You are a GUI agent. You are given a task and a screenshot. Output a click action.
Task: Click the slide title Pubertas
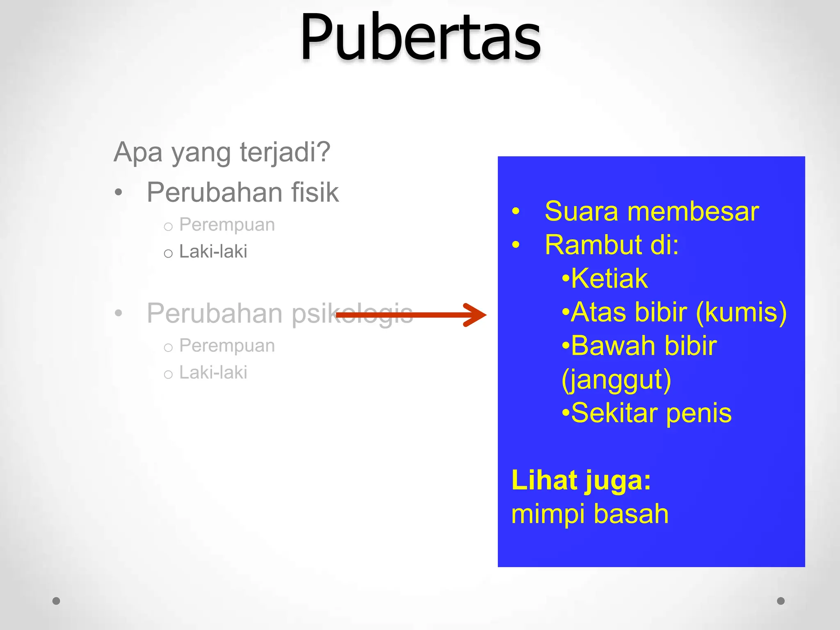420,38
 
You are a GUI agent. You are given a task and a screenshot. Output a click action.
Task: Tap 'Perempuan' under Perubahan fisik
227,225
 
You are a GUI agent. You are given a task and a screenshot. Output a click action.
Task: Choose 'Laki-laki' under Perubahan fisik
213,251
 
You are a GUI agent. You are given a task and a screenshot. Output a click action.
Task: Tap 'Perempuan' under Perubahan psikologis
227,346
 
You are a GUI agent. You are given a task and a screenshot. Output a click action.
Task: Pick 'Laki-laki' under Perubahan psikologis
213,372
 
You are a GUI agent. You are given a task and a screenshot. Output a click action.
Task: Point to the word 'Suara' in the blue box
581,212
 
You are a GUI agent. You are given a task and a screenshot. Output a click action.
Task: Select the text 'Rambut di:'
612,245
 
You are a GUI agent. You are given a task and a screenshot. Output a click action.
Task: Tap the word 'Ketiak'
609,279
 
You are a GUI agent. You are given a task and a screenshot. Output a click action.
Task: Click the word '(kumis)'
742,313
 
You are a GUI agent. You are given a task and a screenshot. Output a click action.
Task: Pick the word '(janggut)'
616,380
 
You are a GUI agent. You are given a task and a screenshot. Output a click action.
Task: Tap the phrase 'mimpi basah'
590,514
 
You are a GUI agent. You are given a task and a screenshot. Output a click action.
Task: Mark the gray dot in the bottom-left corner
57,601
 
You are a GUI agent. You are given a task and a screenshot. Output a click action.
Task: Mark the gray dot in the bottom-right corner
781,601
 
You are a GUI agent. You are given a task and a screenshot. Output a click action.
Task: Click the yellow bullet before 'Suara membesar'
516,212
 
